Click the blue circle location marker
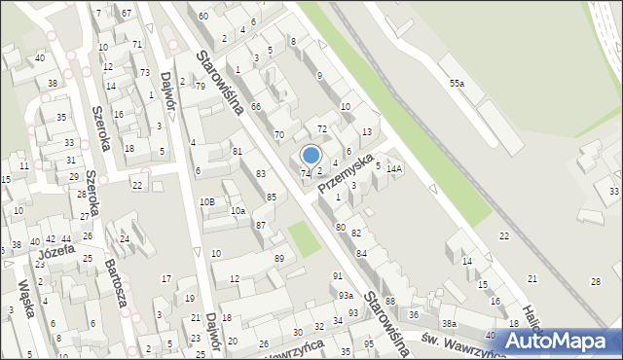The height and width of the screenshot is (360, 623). click(x=311, y=155)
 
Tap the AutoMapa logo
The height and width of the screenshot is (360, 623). click(x=564, y=341)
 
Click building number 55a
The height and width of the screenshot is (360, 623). click(x=457, y=85)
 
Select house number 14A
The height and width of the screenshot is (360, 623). click(x=393, y=168)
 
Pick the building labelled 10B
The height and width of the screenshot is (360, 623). click(x=206, y=201)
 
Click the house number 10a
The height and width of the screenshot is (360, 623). click(x=238, y=210)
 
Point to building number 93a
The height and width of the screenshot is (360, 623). click(x=346, y=295)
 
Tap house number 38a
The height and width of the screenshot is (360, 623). click(x=448, y=323)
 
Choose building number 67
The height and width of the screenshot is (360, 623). click(x=127, y=12)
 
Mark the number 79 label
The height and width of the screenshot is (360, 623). click(x=200, y=87)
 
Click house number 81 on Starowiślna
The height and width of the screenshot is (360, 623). click(x=237, y=151)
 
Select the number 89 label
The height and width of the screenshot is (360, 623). click(x=279, y=258)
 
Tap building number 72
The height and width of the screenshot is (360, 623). click(x=322, y=129)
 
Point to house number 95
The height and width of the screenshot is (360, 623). click(x=369, y=344)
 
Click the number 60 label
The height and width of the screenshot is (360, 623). click(x=202, y=17)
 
